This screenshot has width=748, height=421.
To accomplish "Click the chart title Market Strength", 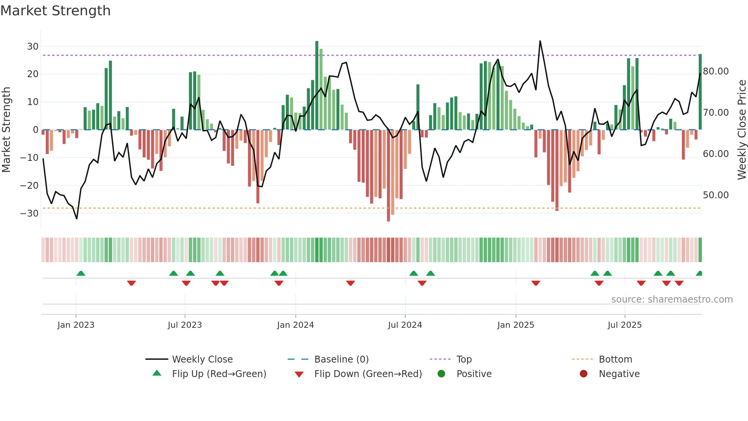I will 55,11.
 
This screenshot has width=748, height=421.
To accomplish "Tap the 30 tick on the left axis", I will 33,47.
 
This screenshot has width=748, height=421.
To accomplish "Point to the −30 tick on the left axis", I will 29,213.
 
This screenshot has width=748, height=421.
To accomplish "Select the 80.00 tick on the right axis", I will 716,71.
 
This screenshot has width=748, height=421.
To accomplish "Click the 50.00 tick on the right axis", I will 716,195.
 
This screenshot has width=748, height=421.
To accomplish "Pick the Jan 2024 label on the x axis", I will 295,325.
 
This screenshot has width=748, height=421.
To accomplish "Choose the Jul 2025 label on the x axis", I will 624,325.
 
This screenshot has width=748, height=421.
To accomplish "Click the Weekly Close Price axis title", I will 742,130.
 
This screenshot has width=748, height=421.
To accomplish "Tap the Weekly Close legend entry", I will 202,359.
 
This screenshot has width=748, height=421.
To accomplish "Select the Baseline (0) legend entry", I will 341,359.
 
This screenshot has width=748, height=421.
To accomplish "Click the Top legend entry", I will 464,359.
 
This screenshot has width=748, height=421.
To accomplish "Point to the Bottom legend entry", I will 615,359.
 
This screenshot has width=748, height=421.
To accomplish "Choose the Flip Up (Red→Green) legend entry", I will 219,374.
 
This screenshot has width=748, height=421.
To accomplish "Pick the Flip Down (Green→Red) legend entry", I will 368,374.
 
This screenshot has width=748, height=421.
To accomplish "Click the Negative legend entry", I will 619,374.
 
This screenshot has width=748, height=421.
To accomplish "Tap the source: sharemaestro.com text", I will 672,300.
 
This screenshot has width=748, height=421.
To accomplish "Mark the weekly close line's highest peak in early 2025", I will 540,41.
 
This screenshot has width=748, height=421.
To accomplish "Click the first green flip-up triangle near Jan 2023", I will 81,273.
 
